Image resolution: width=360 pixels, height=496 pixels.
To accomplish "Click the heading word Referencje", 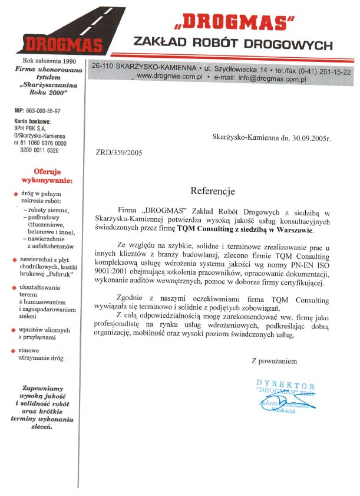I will click(x=213, y=191).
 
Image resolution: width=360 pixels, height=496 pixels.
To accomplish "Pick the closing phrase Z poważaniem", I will click(x=274, y=360).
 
